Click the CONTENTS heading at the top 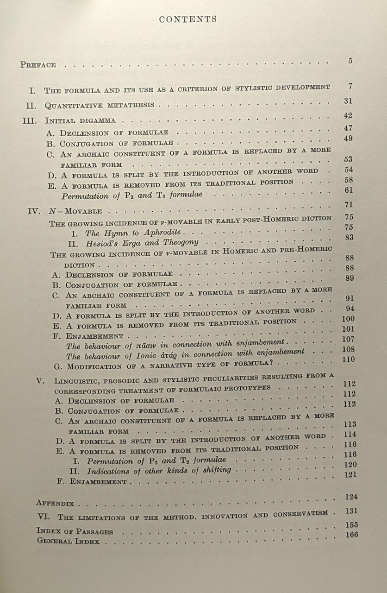coord(187,19)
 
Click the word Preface coord(38,65)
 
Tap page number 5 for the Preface coord(350,61)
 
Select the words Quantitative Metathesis coord(100,105)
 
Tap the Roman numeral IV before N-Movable coord(34,211)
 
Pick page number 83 coord(349,237)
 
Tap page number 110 coord(349,360)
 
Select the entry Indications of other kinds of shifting coord(159,471)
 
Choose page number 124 coord(351,497)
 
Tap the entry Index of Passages coord(75,531)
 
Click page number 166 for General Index coord(351,535)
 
